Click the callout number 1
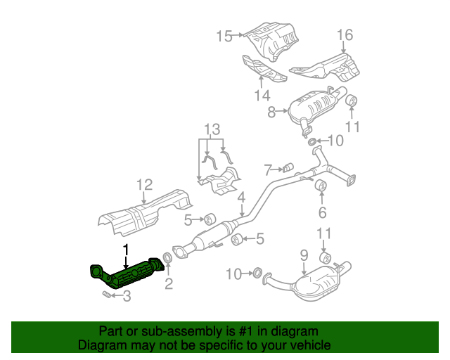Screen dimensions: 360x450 coord(126,250)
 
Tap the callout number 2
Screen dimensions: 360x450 coord(169,284)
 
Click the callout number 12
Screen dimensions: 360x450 coord(144,185)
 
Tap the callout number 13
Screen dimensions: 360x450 coord(212,129)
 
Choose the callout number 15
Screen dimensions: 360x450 coord(224,36)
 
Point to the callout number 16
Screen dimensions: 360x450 coord(344,35)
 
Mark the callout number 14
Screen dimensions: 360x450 coord(262,95)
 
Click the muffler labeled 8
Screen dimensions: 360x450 coord(316,108)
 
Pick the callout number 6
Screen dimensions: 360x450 coord(322,212)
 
